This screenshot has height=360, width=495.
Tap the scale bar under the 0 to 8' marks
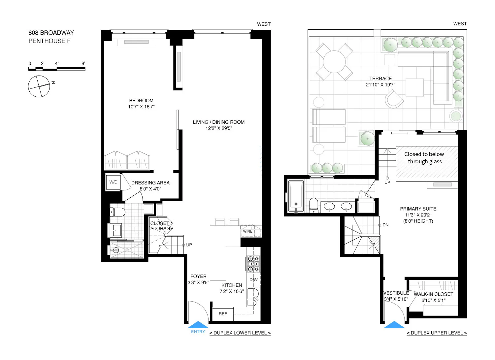(x=57, y=69)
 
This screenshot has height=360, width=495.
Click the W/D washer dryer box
(x=113, y=182)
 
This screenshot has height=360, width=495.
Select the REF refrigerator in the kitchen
(x=223, y=314)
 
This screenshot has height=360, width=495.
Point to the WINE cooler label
(x=247, y=231)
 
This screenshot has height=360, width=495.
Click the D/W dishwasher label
(x=253, y=280)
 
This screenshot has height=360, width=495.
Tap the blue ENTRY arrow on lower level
(x=198, y=325)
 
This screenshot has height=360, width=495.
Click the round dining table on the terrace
(x=334, y=62)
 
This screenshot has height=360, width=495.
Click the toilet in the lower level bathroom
(x=118, y=212)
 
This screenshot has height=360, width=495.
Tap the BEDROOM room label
(x=141, y=101)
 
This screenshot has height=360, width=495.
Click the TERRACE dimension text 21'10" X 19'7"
(x=380, y=85)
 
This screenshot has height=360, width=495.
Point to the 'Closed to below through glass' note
(x=424, y=158)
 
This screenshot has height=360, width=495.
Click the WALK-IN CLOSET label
(x=433, y=294)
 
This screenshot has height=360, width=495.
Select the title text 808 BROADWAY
(x=51, y=33)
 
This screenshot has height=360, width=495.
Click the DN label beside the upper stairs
(x=385, y=225)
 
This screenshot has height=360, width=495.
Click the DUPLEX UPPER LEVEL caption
(x=437, y=333)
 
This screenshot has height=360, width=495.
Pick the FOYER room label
(x=198, y=277)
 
